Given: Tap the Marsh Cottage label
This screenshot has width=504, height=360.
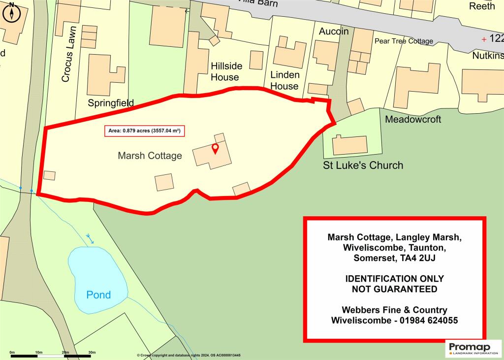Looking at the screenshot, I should click(150, 156).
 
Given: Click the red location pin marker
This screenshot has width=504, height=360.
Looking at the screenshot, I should click(215, 149).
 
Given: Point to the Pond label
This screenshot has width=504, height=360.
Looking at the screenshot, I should click(98, 295).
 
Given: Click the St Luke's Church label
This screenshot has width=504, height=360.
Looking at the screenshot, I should click(363, 165).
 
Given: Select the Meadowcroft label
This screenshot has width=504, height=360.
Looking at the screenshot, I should click(413, 119).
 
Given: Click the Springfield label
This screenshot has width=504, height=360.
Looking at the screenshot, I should click(111, 103).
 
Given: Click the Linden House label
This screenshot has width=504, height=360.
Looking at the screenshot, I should click(284, 80).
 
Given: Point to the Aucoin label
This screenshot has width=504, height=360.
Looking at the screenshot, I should click(334, 32).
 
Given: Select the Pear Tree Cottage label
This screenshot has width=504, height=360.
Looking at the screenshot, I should click(404, 41).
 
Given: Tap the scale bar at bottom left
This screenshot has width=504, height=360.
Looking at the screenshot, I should click(52, 355).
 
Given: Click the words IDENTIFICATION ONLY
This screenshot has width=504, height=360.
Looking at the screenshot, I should click(394, 279).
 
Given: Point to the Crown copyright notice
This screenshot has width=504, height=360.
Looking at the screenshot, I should click(192, 355).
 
